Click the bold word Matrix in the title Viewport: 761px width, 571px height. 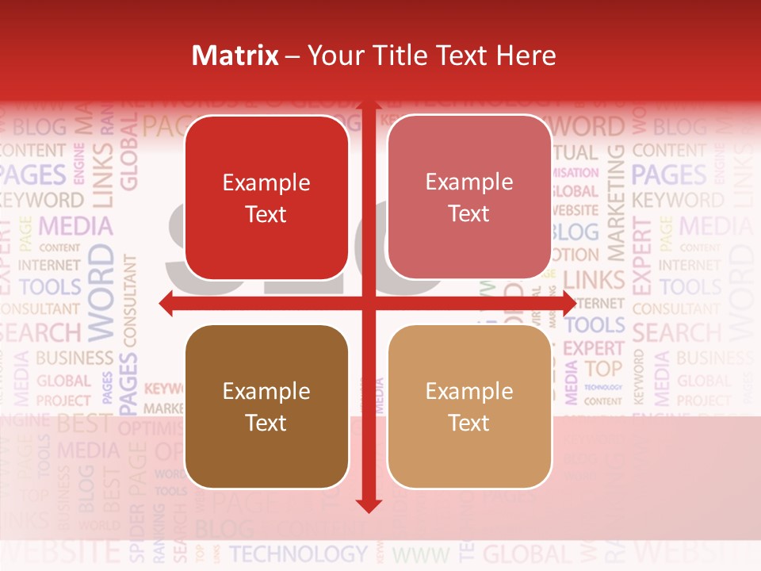tap(235, 56)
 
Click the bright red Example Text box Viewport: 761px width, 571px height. tap(266, 198)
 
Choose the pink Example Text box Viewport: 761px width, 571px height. tap(469, 197)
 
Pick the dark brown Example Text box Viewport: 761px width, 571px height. tap(266, 407)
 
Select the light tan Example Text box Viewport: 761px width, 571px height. tap(469, 407)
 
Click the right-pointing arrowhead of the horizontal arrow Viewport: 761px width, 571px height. tap(568, 303)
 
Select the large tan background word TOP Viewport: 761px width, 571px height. tap(604, 369)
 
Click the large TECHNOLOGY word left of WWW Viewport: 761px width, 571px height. tap(299, 554)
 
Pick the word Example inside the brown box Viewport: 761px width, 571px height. tap(266, 391)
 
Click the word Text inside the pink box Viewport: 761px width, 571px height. tap(469, 214)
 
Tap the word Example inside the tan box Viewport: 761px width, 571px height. tap(469, 391)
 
